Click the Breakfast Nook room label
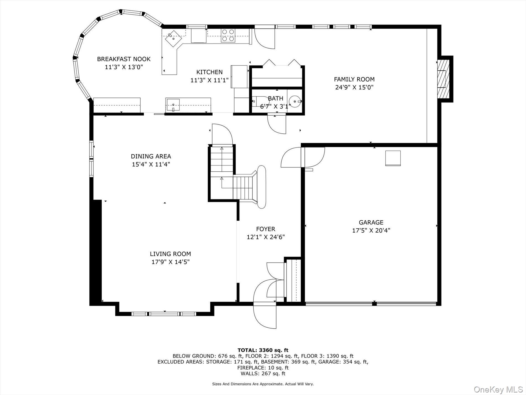click(124, 59)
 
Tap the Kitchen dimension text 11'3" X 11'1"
click(210, 80)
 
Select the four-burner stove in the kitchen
click(228, 35)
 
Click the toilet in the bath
click(257, 102)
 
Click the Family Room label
click(354, 79)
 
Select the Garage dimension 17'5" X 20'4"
click(371, 230)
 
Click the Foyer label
click(265, 229)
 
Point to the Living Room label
click(170, 254)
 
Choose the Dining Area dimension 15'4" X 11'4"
click(151, 164)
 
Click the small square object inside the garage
click(393, 158)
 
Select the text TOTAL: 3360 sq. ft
click(263, 350)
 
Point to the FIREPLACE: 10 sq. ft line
click(263, 368)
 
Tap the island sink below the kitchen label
click(173, 105)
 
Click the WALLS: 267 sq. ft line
click(263, 373)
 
